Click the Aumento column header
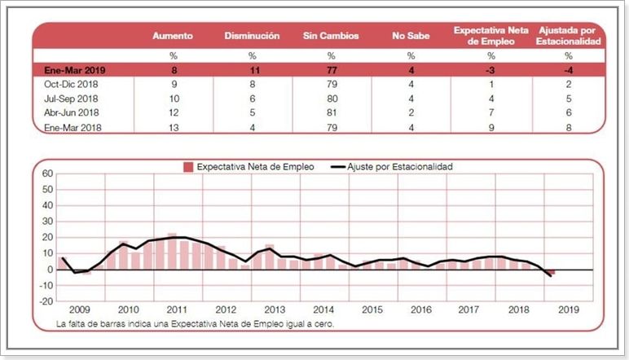[x=173, y=36]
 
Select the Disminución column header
[x=252, y=36]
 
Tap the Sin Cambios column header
[x=331, y=36]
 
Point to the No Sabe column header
[x=411, y=36]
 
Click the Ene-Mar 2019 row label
[x=76, y=70]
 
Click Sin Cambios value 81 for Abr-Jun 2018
[x=331, y=112]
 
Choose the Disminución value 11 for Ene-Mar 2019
[x=252, y=70]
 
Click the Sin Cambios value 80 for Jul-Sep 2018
[x=331, y=98]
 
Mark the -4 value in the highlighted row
[x=570, y=70]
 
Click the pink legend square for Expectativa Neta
[x=188, y=167]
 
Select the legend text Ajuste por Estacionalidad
[x=399, y=167]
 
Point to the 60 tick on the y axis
[x=46, y=173]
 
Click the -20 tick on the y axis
[x=45, y=301]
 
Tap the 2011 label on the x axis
[x=178, y=310]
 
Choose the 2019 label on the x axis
[x=569, y=310]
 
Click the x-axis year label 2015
[x=373, y=310]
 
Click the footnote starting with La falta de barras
[x=196, y=324]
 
